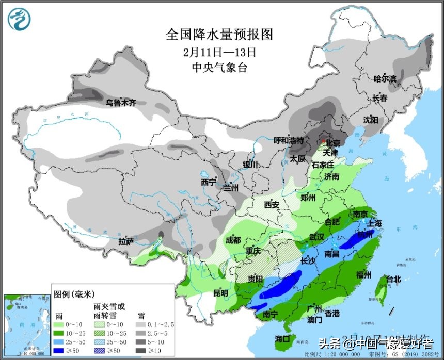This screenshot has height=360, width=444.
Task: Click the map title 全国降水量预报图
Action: coord(219,35)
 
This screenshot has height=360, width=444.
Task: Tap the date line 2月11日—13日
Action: coord(219,52)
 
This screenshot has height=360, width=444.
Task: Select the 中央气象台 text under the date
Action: coord(219,68)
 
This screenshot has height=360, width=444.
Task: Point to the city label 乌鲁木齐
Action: coord(121,103)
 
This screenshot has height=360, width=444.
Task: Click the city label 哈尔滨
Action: coord(385,79)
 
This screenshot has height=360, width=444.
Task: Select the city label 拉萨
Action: coord(126,241)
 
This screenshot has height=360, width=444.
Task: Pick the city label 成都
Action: coord(233,240)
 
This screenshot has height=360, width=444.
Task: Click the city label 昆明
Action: coord(220,293)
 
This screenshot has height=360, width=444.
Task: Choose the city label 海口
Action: coord(282,339)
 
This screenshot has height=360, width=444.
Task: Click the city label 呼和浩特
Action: coord(288,140)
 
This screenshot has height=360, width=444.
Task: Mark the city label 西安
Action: coord(272,205)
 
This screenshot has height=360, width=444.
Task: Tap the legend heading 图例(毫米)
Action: coord(74,294)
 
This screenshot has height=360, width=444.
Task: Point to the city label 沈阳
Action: coord(370,119)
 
